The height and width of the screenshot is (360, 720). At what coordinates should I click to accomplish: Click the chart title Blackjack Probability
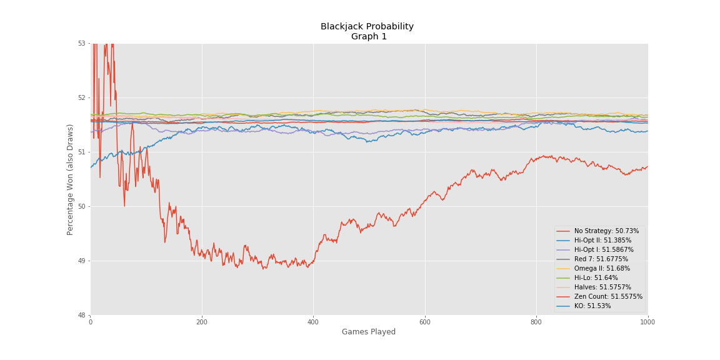367,27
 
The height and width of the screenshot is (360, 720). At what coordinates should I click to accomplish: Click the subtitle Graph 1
369,37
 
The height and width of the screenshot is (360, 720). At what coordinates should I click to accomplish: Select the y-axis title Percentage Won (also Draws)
71,179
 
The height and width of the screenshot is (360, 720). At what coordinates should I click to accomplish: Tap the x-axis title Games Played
369,332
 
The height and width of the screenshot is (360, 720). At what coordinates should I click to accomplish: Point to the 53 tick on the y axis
82,43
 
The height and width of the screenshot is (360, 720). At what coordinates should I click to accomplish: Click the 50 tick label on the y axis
82,206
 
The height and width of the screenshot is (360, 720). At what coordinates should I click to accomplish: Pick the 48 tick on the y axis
82,315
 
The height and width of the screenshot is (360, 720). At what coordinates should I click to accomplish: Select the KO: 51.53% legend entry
592,306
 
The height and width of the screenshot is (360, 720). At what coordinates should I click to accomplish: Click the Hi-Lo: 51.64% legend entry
596,278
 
